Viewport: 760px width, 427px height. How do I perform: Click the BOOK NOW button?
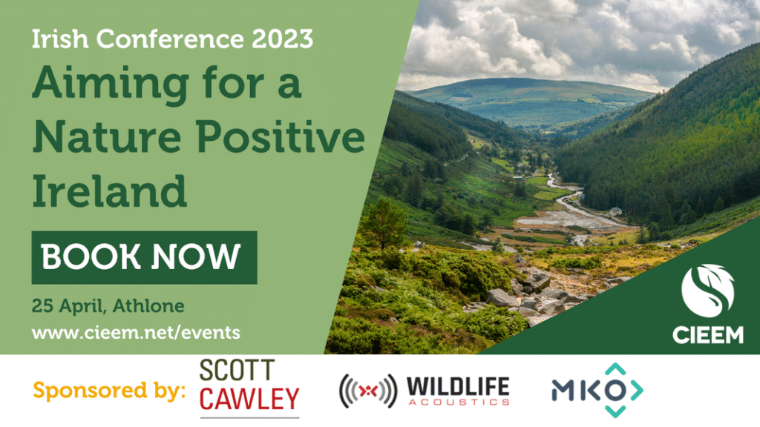coord(144,257)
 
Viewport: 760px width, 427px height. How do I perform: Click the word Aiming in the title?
coord(111,83)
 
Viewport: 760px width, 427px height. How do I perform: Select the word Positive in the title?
coord(281,136)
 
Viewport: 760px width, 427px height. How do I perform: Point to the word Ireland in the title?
coord(110,191)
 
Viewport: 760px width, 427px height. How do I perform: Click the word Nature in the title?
coord(107,137)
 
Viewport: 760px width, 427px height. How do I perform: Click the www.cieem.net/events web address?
coord(137,333)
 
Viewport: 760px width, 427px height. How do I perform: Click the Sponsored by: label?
coord(109,390)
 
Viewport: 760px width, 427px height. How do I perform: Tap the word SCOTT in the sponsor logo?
coord(237,371)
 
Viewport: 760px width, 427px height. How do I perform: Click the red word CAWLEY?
coord(249,399)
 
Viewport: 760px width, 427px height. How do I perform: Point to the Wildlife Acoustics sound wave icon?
coord(368,391)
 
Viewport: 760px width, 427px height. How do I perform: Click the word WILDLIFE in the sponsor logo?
coord(458,387)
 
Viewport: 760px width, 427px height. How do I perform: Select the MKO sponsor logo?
coord(597,390)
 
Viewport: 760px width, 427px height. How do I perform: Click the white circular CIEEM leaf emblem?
coord(707,291)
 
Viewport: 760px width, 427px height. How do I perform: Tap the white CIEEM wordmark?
coord(707,335)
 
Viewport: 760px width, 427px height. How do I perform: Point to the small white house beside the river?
coord(615,211)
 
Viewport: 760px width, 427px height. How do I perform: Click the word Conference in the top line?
coord(170,39)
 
